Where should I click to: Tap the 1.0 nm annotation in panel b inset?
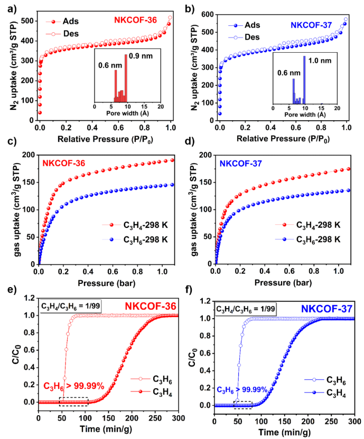point(319,60)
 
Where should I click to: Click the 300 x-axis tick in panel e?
point(178,419)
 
